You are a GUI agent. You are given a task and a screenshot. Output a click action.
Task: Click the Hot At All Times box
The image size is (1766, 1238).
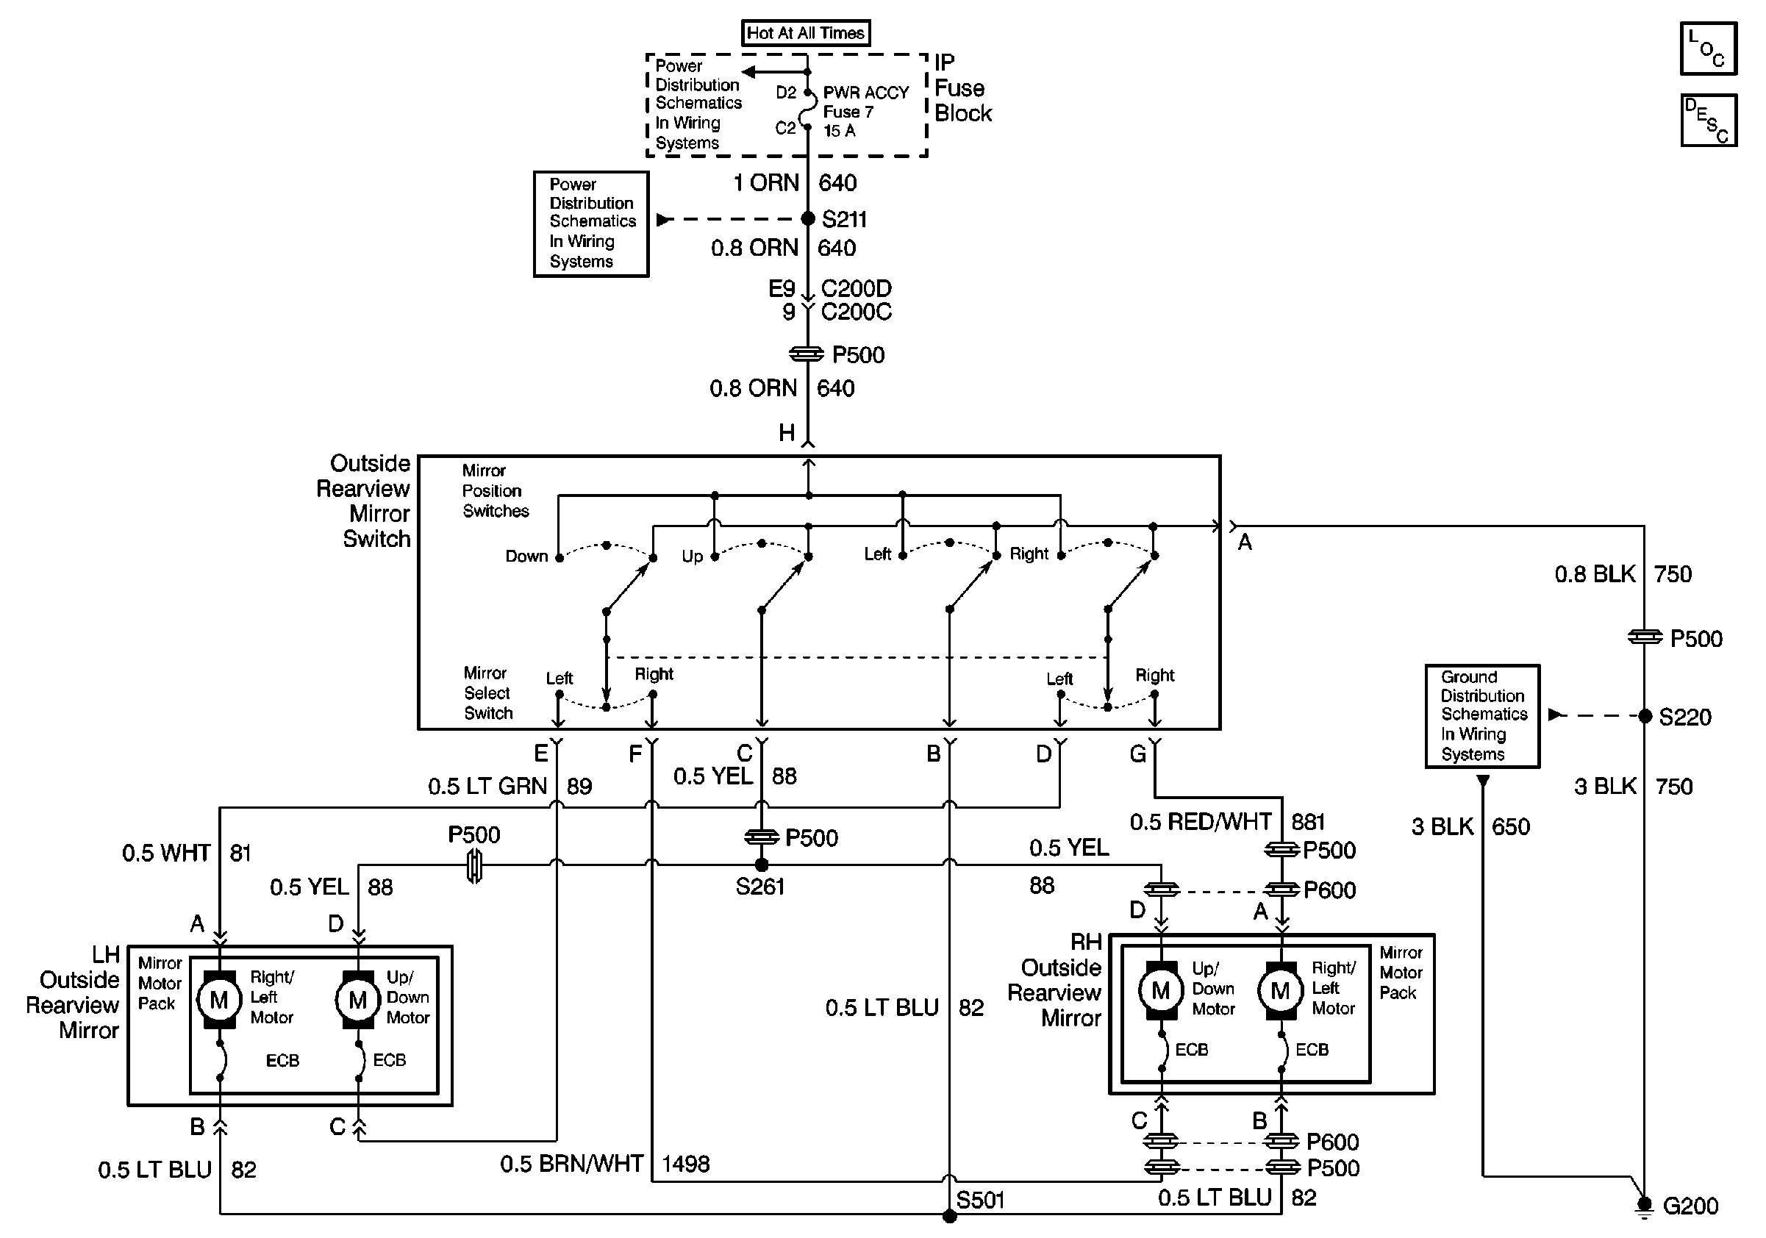805,33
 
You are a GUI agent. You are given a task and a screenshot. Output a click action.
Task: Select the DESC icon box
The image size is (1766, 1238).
1709,120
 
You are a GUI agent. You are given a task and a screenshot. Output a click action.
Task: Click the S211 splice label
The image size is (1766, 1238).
844,220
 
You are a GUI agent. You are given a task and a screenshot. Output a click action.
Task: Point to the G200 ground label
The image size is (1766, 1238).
1690,1206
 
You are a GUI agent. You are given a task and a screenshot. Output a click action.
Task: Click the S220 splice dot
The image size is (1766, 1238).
1645,716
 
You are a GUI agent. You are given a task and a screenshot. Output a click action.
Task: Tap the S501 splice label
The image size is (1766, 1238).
980,1201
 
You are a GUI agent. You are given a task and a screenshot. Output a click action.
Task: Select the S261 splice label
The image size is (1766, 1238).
760,887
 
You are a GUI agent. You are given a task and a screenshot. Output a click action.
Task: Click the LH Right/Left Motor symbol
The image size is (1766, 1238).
219,1000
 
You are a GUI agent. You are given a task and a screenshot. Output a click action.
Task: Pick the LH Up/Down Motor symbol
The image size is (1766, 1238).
357,1000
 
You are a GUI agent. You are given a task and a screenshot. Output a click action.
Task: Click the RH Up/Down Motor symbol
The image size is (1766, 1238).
1161,990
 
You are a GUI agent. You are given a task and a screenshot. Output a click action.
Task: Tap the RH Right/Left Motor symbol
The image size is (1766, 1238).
1281,990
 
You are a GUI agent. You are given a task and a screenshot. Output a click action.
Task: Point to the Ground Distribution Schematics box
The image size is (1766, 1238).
1482,716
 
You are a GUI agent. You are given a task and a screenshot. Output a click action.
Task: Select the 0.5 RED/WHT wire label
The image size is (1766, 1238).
1200,822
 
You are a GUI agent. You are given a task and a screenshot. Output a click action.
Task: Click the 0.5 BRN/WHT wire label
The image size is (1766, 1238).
571,1164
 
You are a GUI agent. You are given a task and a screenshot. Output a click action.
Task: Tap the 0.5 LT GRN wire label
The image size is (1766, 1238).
487,786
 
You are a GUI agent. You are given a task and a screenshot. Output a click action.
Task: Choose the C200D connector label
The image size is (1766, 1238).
856,288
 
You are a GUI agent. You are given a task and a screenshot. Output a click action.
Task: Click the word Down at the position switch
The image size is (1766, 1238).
526,556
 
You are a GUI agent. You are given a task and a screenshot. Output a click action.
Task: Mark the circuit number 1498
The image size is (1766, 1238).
685,1164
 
